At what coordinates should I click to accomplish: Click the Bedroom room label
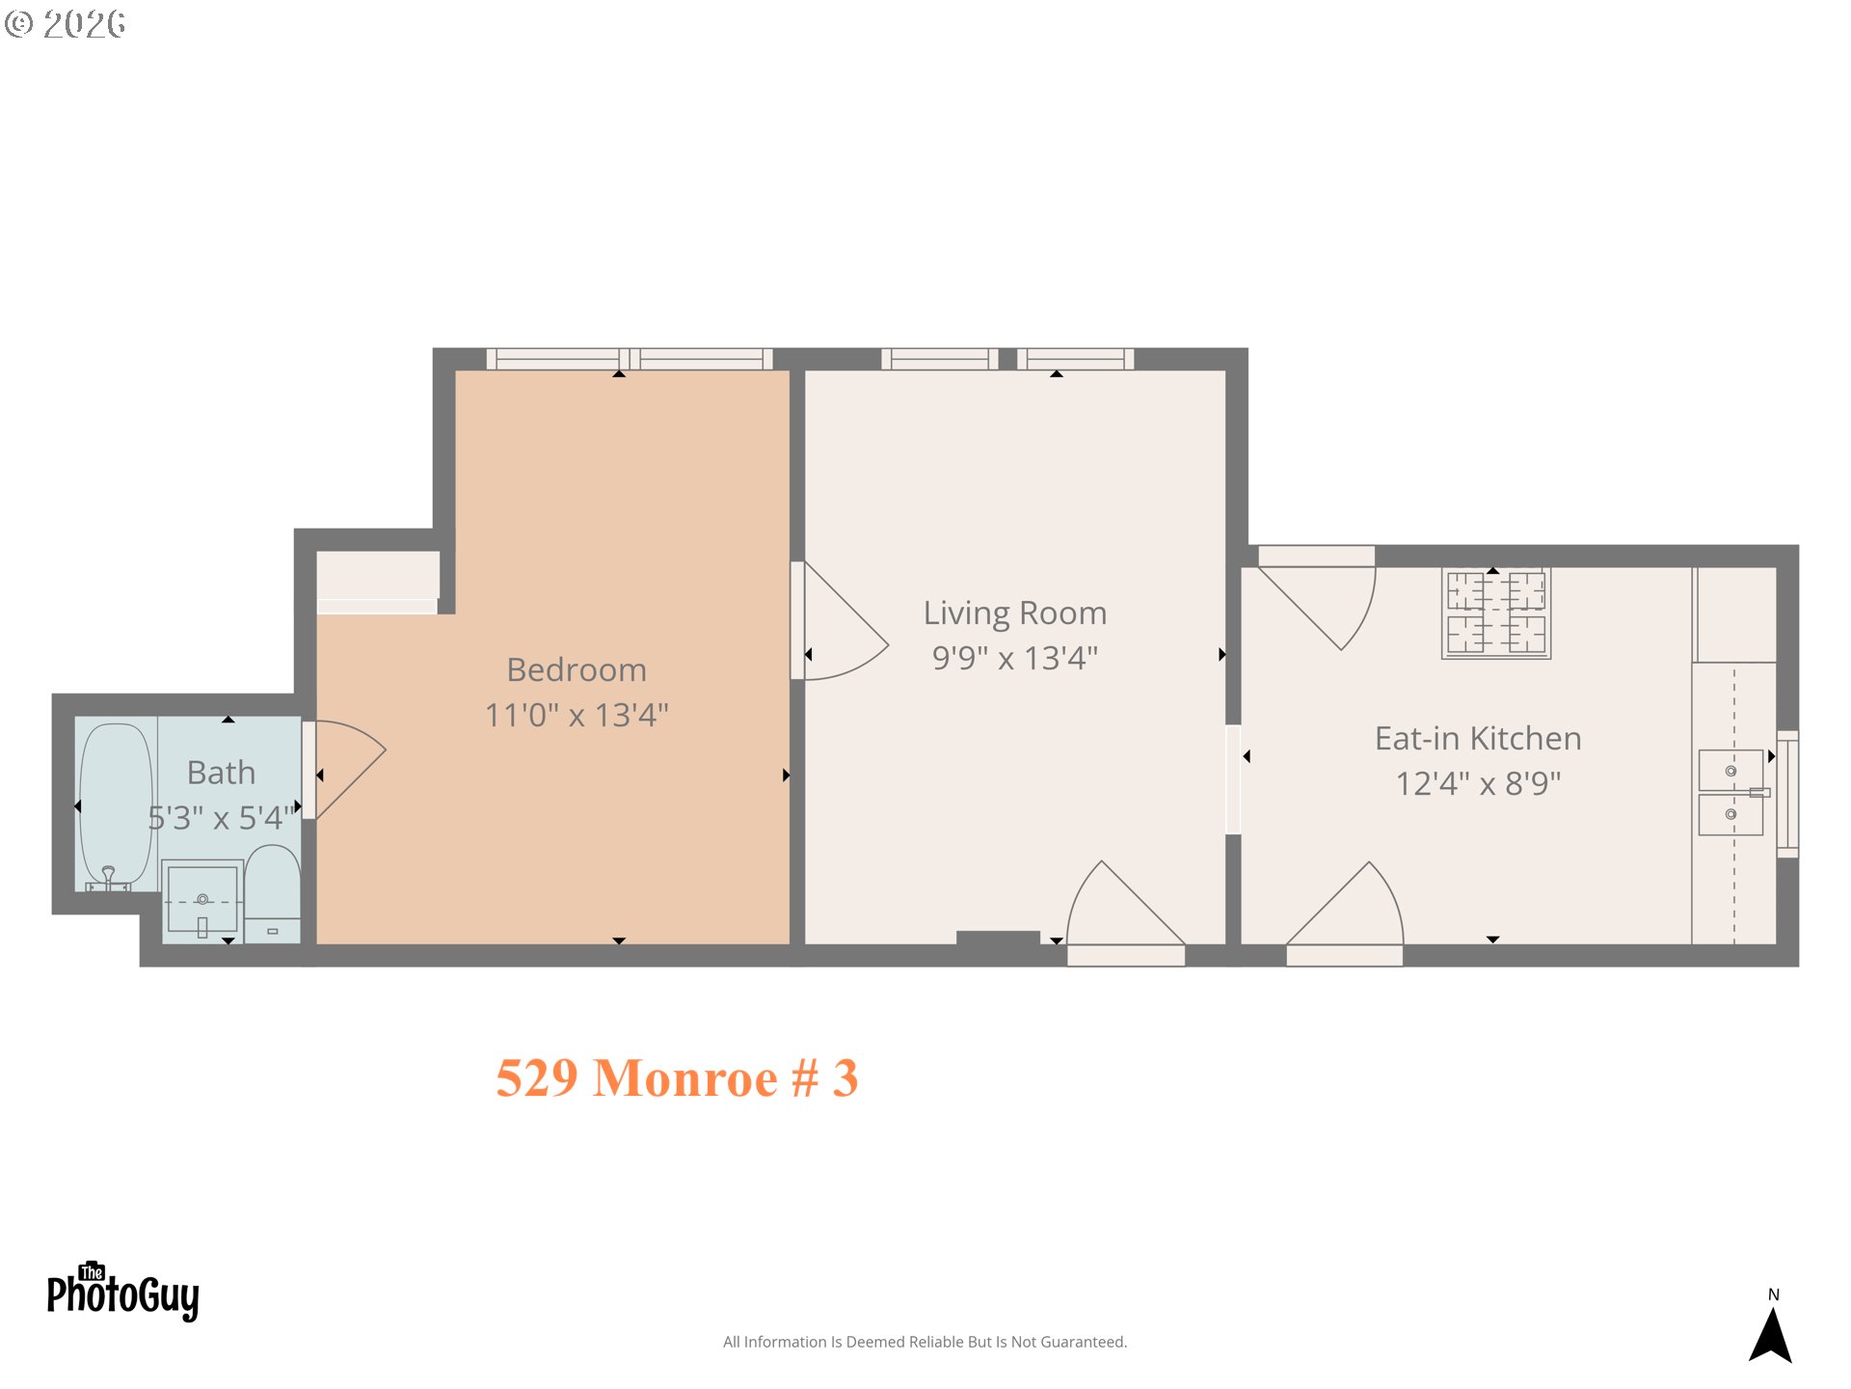(x=577, y=669)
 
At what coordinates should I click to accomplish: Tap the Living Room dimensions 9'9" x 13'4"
(x=1014, y=658)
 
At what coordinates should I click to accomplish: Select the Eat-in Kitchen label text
(x=1477, y=738)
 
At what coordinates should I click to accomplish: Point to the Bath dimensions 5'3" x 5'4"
(x=220, y=818)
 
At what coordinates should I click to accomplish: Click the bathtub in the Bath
(x=116, y=804)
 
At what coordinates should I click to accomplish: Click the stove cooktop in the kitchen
(x=1495, y=613)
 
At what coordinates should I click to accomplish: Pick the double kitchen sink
(x=1730, y=792)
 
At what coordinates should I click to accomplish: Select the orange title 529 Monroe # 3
(x=677, y=1077)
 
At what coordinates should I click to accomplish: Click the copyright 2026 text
(x=66, y=24)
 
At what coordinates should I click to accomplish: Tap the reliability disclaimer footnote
(x=925, y=1342)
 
